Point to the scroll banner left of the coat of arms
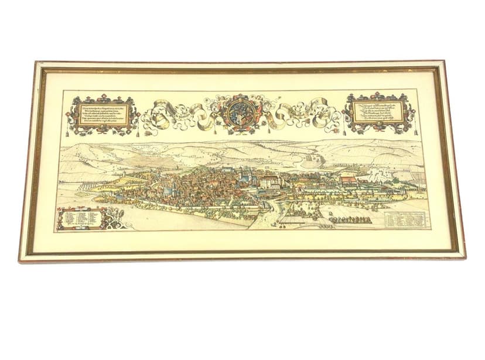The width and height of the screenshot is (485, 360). click(176, 115)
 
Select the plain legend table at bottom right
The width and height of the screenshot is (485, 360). click(405, 220)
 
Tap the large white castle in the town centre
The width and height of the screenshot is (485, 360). click(271, 181)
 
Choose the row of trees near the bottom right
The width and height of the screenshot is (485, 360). click(350, 220)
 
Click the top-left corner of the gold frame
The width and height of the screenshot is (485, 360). click(37, 63)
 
